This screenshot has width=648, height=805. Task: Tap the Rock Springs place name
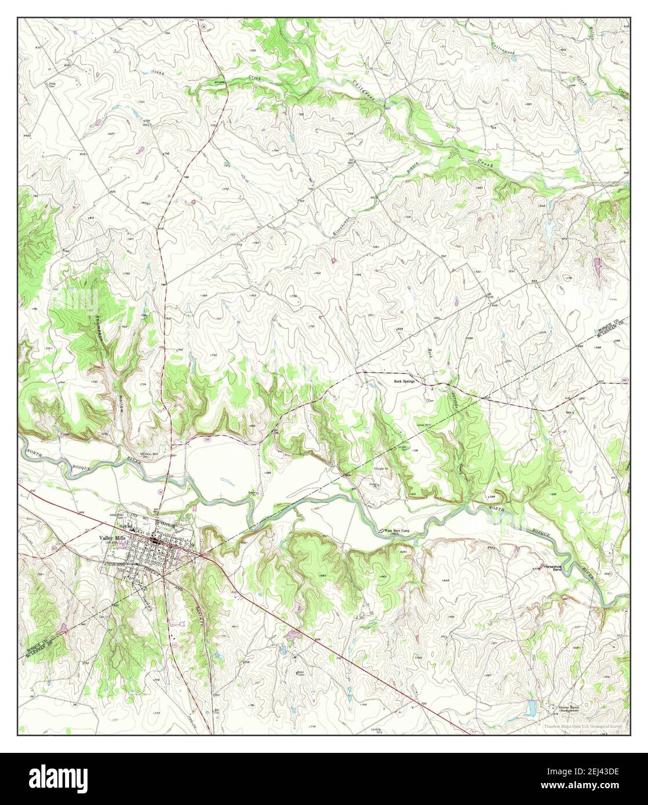[406, 382]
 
